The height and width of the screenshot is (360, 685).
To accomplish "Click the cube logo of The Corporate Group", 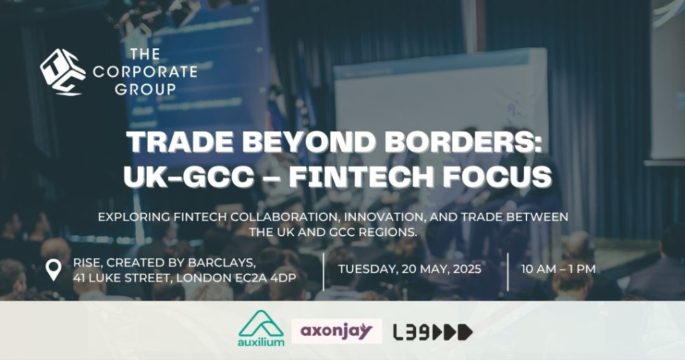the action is click(x=62, y=72).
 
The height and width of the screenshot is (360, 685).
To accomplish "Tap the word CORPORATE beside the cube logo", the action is click(x=145, y=72).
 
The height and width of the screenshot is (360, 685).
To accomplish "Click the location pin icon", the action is click(x=54, y=270).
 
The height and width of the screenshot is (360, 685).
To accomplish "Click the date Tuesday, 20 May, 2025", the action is click(x=410, y=269).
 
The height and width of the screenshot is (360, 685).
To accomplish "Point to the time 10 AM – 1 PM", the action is click(x=559, y=269).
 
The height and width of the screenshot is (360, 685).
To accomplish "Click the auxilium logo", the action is click(x=262, y=329).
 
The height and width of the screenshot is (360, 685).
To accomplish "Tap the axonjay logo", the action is click(x=337, y=331).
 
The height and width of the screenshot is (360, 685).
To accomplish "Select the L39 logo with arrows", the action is click(x=433, y=333).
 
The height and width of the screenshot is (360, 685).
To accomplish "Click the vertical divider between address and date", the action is click(x=324, y=272).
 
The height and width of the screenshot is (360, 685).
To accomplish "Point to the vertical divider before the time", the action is click(x=508, y=272).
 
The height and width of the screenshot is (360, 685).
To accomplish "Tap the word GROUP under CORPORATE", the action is click(x=145, y=89).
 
